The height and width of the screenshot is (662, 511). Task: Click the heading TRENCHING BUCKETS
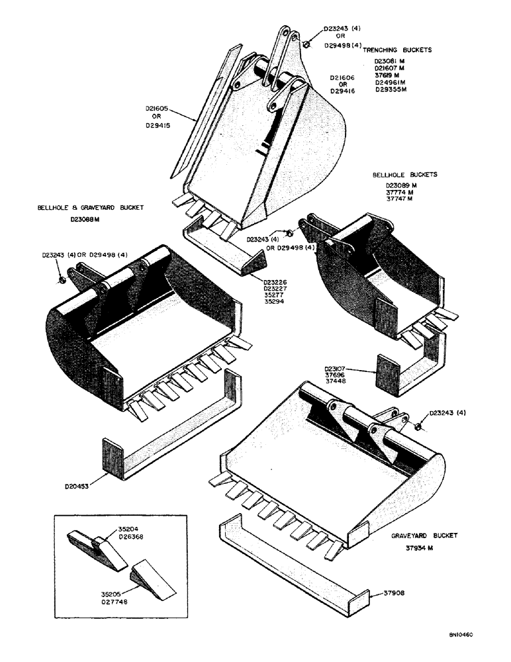click(397, 50)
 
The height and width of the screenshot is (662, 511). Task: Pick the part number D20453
click(78, 485)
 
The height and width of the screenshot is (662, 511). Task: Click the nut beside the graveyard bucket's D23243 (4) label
click(418, 424)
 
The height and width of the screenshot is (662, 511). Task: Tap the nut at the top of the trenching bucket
click(306, 44)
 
